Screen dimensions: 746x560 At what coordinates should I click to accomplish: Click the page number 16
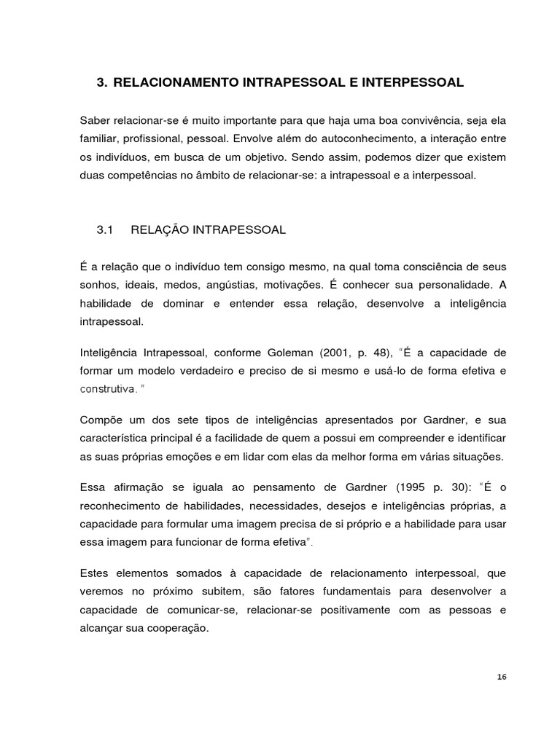click(501, 677)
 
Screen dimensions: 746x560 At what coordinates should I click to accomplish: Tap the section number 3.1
click(106, 230)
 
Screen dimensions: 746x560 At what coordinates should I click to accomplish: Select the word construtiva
click(108, 389)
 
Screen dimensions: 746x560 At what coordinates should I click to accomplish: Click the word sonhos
click(98, 284)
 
